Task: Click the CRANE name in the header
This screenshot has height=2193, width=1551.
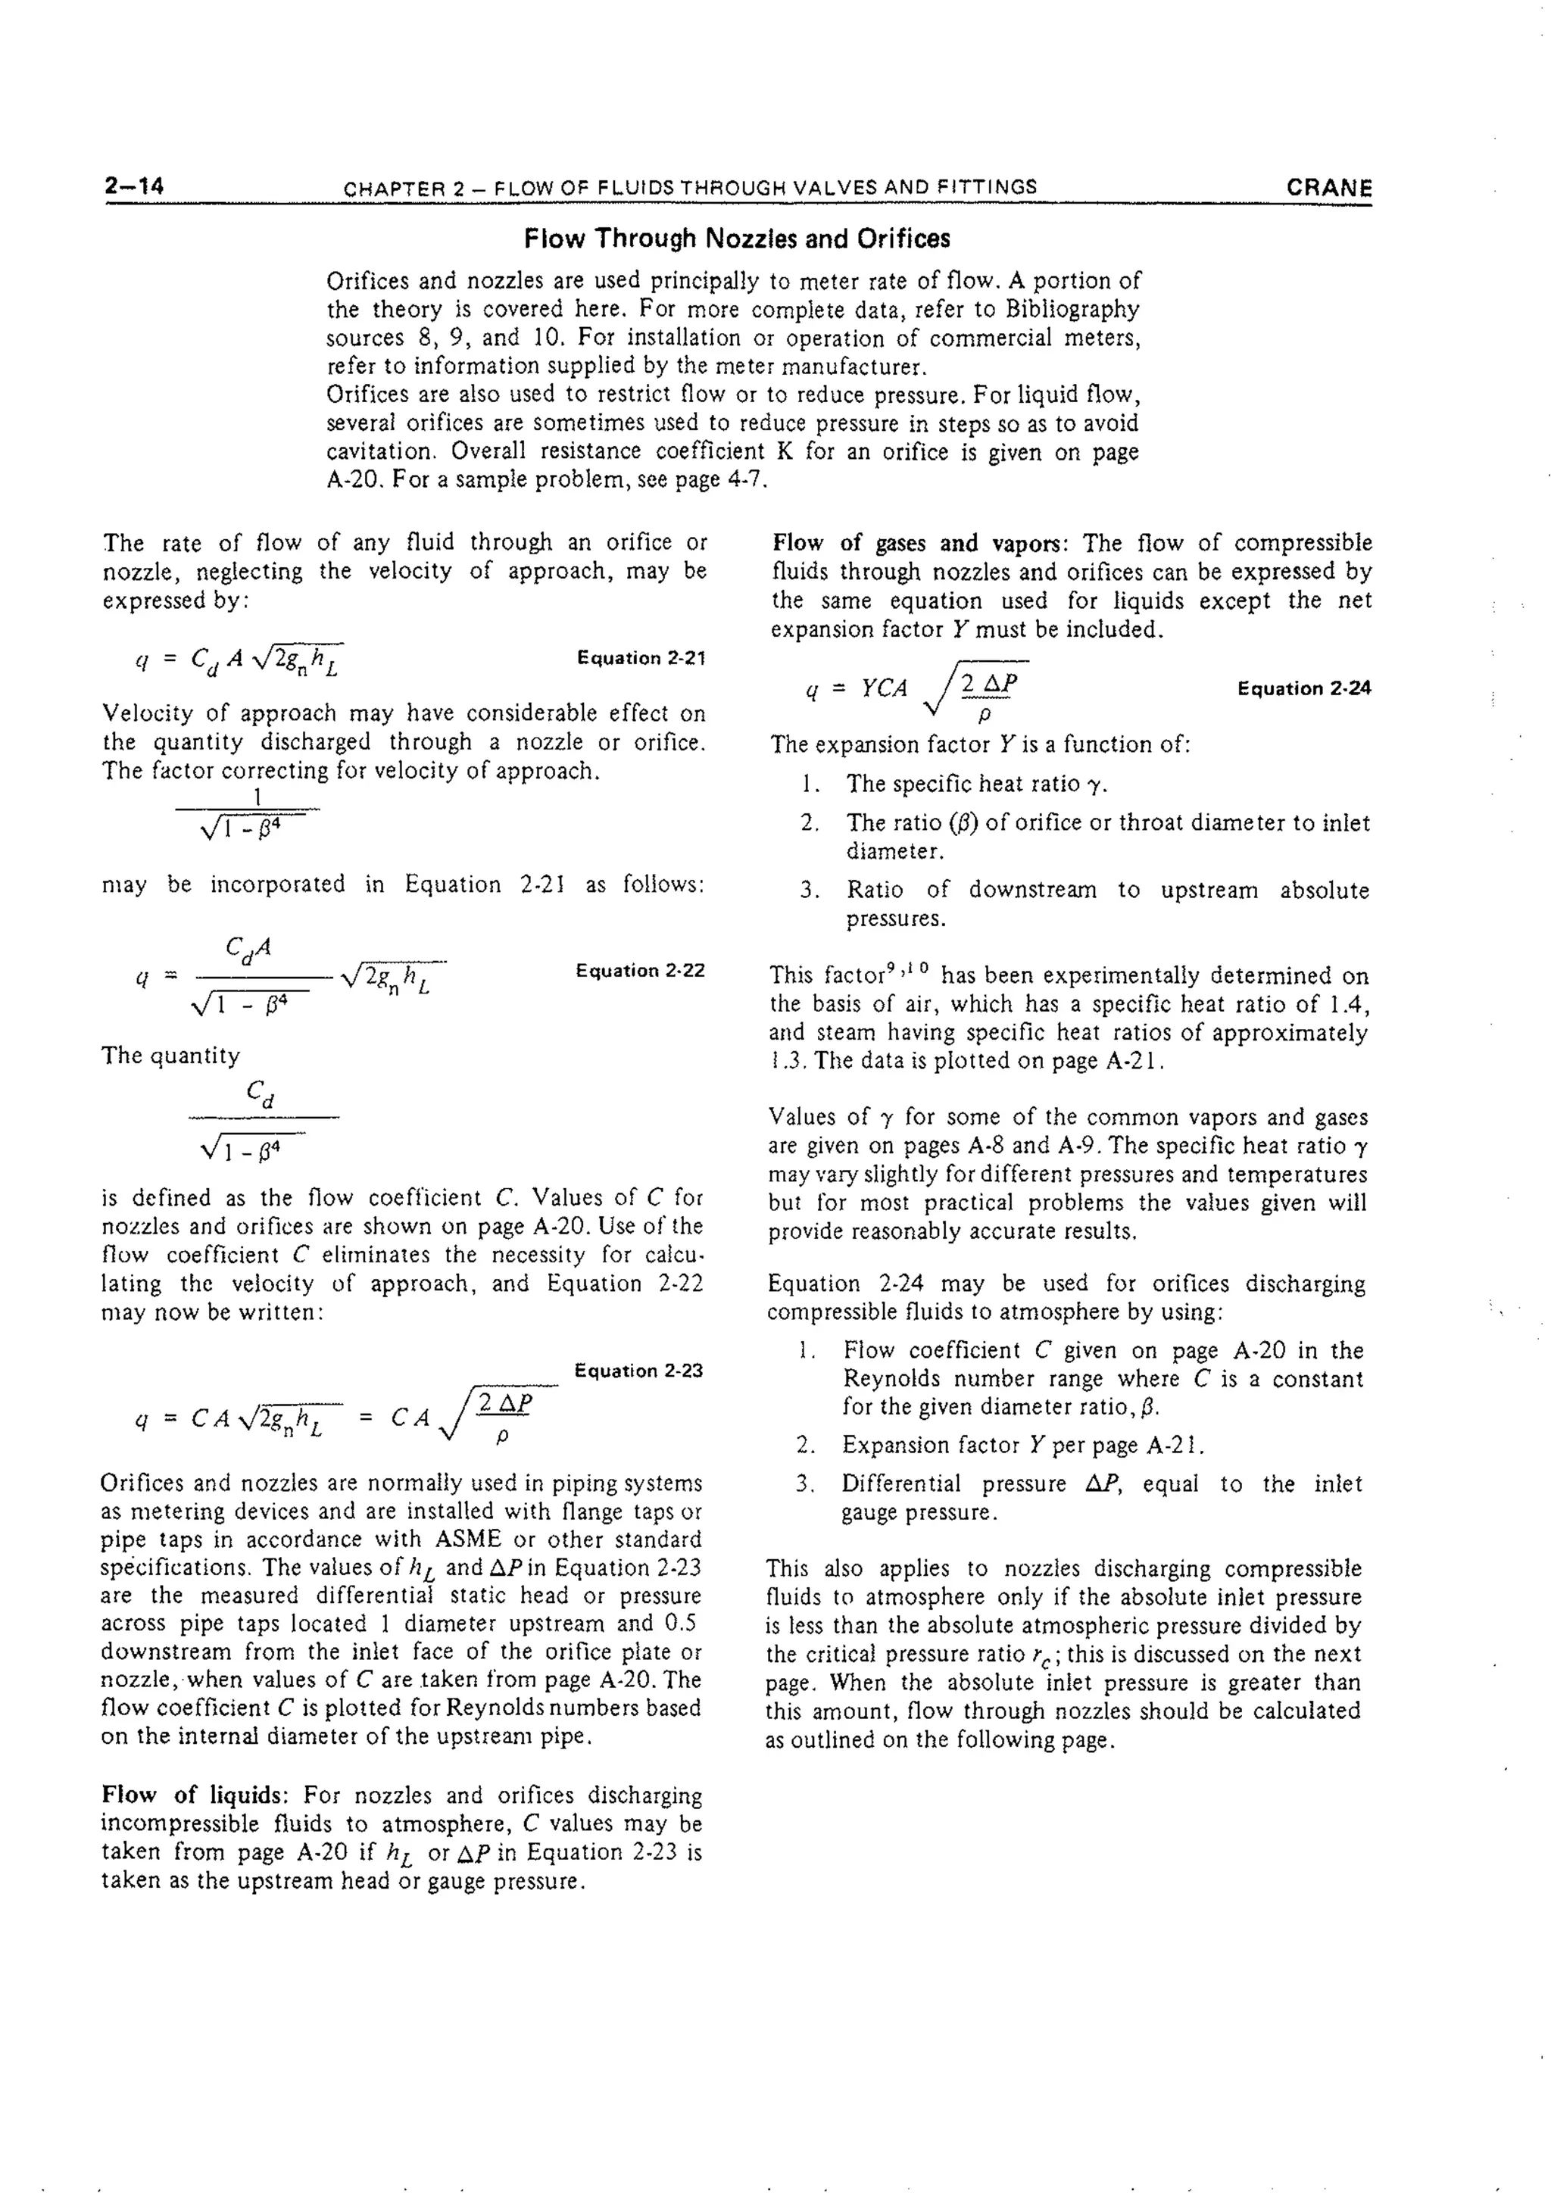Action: pyautogui.click(x=1328, y=187)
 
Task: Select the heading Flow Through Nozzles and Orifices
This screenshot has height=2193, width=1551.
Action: pyautogui.click(x=736, y=239)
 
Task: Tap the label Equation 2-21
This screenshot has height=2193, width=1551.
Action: pyautogui.click(x=641, y=658)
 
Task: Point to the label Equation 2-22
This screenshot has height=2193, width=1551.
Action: pyautogui.click(x=640, y=971)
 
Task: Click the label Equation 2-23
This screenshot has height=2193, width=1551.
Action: pyautogui.click(x=638, y=1371)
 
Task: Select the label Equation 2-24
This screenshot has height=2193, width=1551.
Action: pyautogui.click(x=1303, y=688)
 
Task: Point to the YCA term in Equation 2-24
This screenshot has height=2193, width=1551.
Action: pyautogui.click(x=884, y=688)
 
